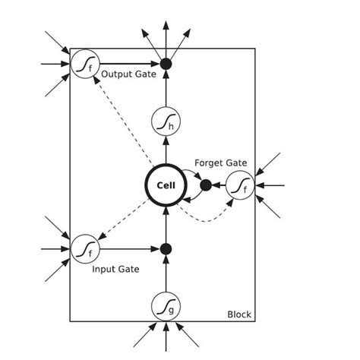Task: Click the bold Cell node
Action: tap(166, 185)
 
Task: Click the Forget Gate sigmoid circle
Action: tap(240, 185)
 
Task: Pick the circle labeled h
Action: tap(166, 121)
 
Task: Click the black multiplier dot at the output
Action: tap(166, 64)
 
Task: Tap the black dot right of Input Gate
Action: tap(166, 248)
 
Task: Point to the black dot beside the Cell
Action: tap(205, 185)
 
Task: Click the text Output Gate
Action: tap(128, 74)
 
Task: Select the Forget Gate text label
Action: tap(220, 163)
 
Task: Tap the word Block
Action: tap(239, 314)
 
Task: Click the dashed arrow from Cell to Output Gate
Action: tap(122, 121)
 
